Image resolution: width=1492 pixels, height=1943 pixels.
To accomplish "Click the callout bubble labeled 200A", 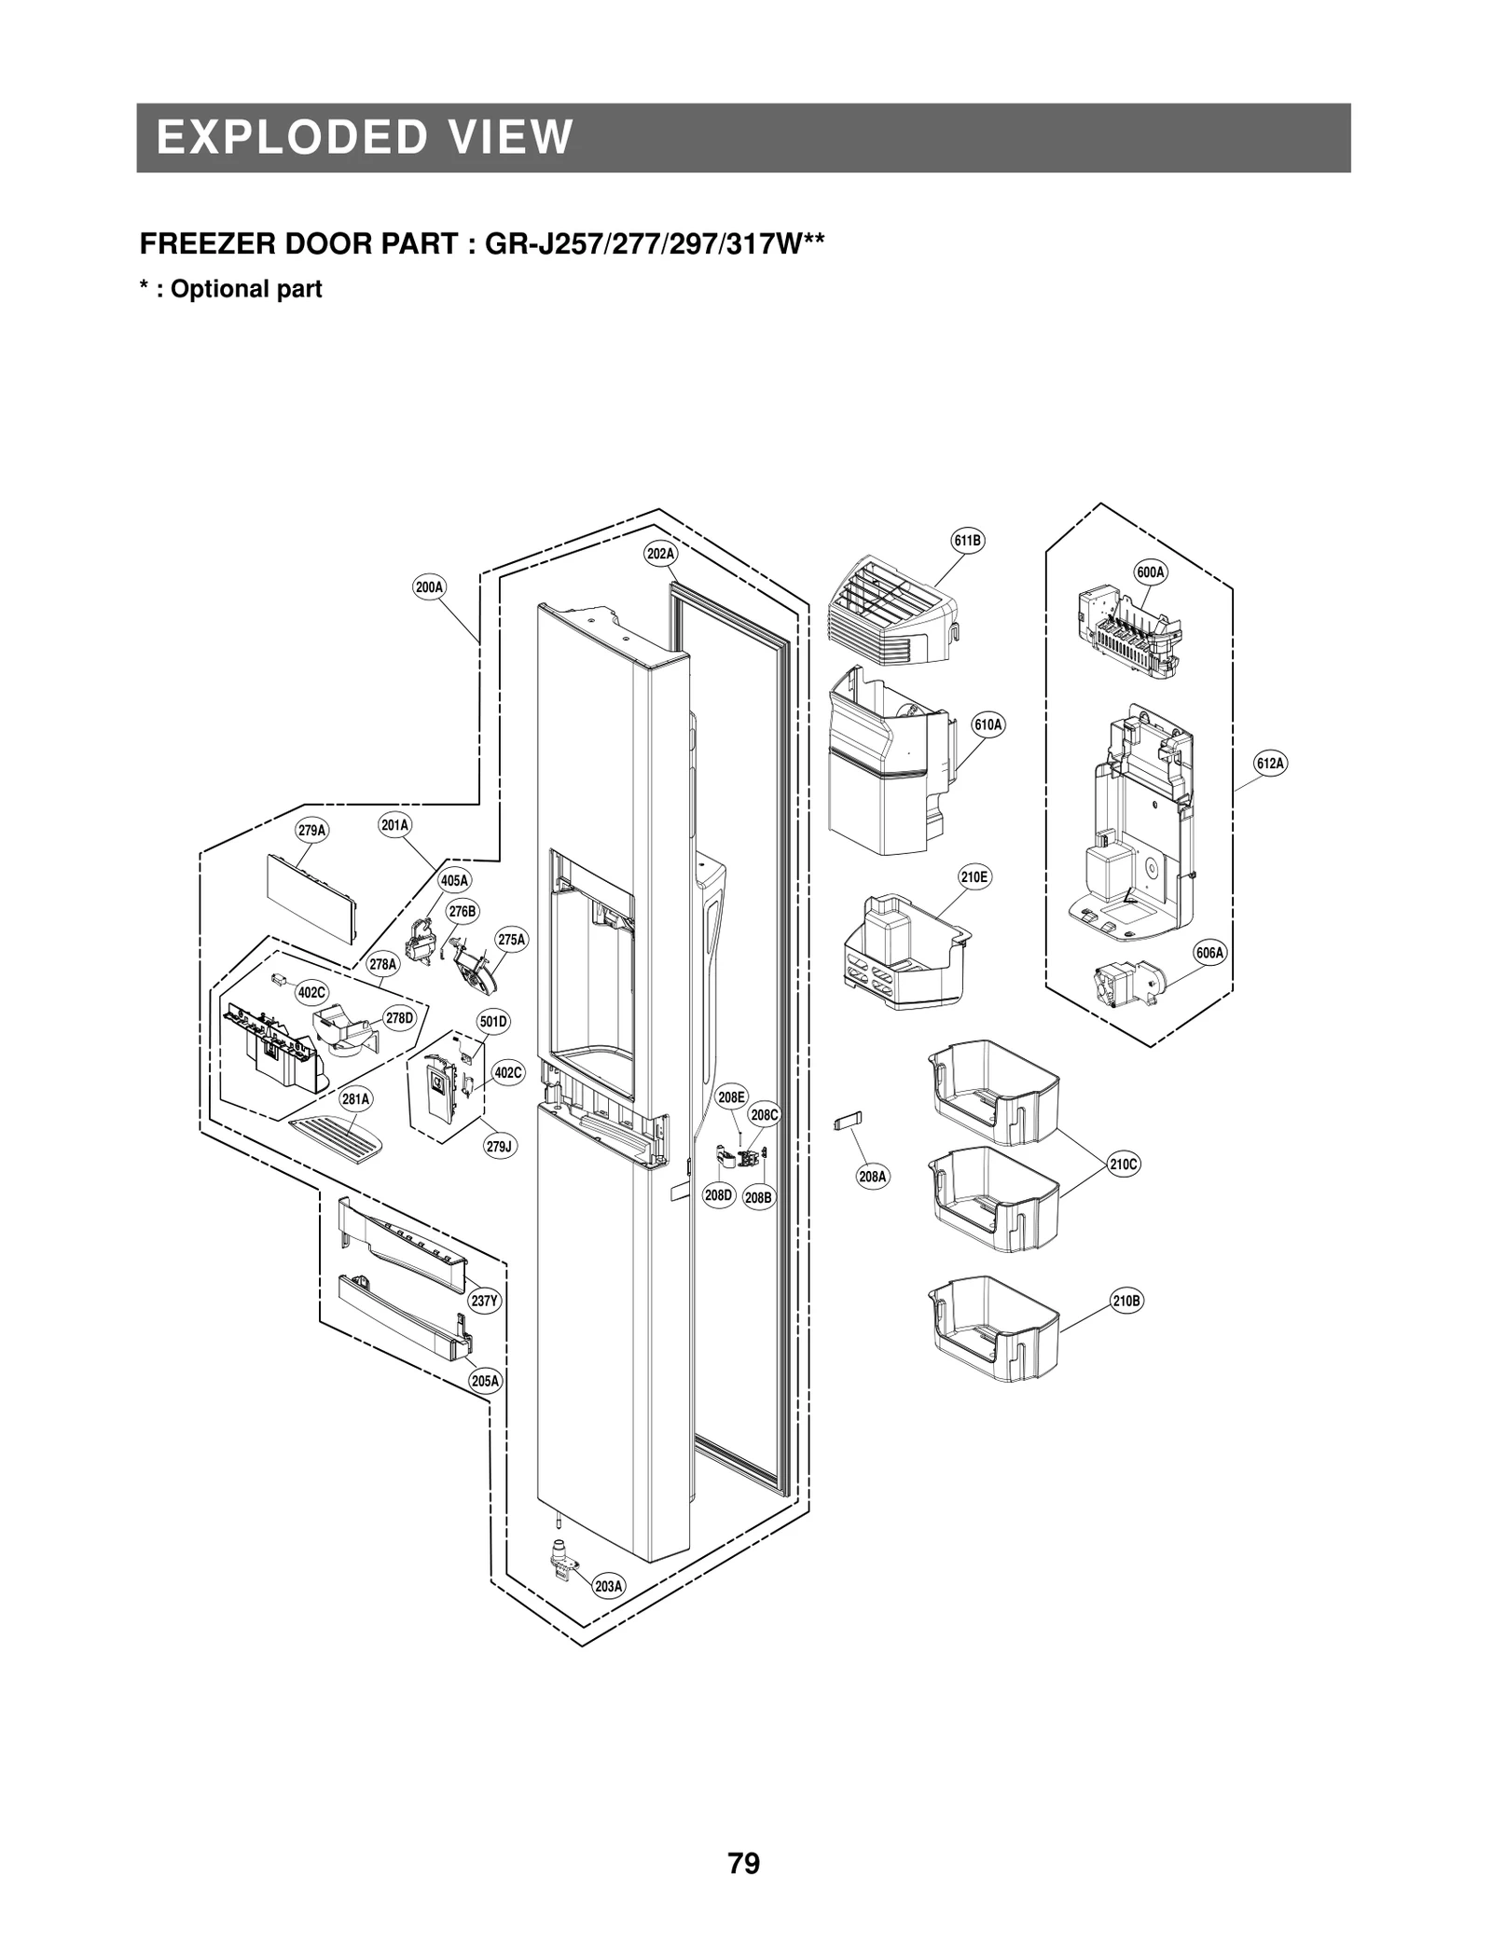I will (429, 587).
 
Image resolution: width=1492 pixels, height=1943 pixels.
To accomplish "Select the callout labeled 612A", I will (1270, 764).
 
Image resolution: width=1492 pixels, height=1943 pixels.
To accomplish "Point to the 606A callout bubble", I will (1210, 953).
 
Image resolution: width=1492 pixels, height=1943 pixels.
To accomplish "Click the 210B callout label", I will (1126, 1301).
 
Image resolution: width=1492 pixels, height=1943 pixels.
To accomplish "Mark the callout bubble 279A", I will (312, 830).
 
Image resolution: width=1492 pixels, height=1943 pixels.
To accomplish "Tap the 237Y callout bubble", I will (484, 1302).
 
